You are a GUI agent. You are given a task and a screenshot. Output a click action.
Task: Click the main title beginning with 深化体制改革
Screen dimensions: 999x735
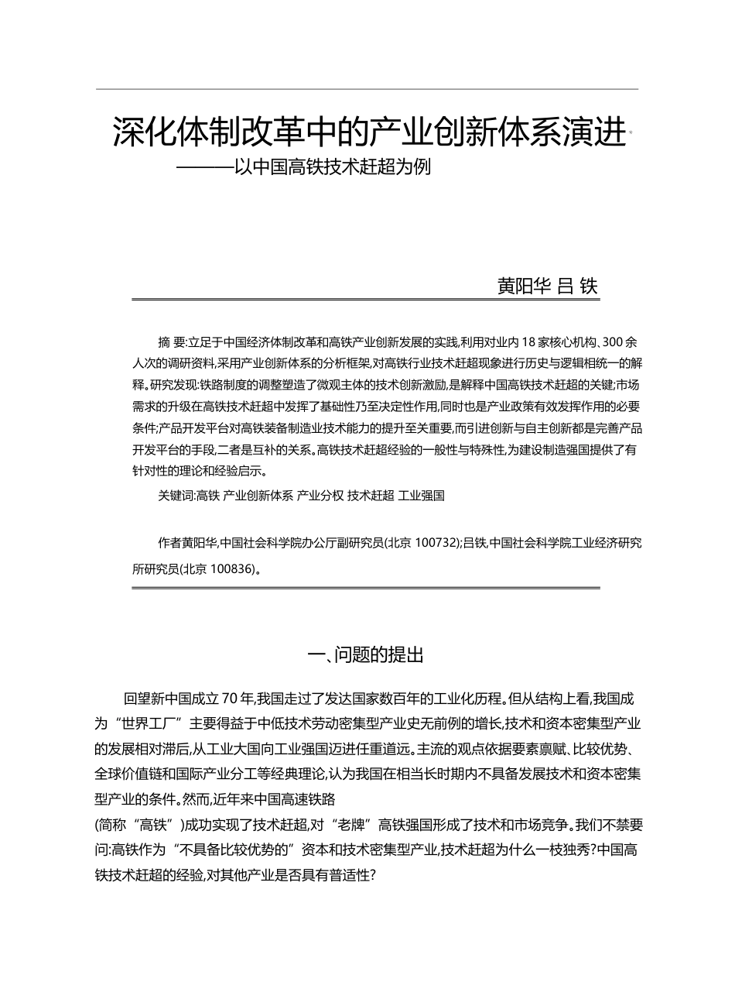[x=368, y=133]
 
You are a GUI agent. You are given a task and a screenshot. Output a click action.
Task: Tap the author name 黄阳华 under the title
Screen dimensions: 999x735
[x=524, y=286]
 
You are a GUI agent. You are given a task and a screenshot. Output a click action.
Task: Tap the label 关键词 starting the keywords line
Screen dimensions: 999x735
[x=176, y=495]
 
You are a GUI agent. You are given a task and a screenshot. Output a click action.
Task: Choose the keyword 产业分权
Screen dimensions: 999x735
[x=320, y=495]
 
